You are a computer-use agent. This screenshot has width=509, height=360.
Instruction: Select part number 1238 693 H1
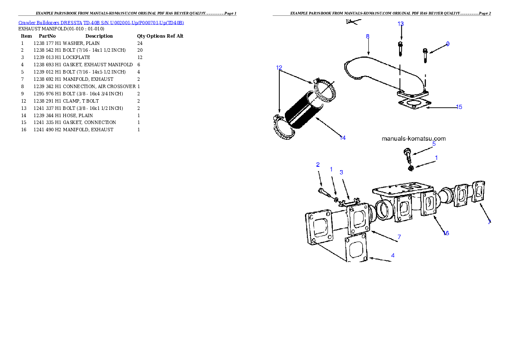point(47,65)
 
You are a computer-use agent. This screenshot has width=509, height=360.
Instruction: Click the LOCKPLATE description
point(76,57)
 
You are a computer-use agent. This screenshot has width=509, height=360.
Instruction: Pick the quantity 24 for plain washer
point(140,43)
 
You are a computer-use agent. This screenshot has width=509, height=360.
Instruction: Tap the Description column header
point(99,36)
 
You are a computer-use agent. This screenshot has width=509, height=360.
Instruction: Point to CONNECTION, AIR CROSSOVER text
point(99,86)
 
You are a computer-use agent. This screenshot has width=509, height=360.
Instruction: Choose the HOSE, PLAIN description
point(78,115)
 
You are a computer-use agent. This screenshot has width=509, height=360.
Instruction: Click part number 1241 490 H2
point(47,130)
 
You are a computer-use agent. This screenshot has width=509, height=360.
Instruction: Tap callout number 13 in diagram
point(401,24)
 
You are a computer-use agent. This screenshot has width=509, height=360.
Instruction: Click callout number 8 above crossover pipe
point(367,36)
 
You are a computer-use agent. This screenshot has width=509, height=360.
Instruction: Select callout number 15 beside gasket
point(459,107)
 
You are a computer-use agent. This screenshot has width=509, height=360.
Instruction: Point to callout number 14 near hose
point(343,138)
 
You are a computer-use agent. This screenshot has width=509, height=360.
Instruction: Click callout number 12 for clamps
point(279,68)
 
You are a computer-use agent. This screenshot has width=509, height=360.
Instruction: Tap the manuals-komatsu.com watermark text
point(414,139)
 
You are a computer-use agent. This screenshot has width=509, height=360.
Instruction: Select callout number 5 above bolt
point(434,144)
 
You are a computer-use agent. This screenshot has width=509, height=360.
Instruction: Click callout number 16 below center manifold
point(446,233)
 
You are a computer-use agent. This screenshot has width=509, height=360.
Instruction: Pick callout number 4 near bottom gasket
point(393,256)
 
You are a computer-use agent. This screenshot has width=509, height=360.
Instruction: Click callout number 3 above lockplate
point(341,172)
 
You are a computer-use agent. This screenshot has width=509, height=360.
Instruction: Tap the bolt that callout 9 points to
point(425,56)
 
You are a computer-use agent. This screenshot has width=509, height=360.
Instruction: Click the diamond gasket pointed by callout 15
point(414,104)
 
